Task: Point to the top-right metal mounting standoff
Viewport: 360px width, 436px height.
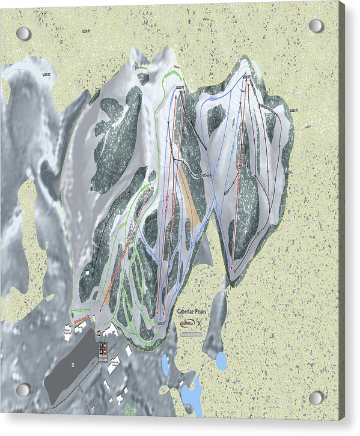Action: click(316, 26)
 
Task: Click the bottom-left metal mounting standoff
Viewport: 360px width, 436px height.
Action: click(23, 390)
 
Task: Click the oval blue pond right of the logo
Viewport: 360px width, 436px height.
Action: click(221, 361)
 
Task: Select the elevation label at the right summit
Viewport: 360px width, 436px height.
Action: click(247, 76)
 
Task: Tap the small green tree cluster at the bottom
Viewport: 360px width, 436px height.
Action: click(129, 411)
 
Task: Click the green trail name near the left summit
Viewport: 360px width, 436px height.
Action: click(172, 73)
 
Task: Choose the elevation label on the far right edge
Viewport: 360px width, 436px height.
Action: click(294, 111)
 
